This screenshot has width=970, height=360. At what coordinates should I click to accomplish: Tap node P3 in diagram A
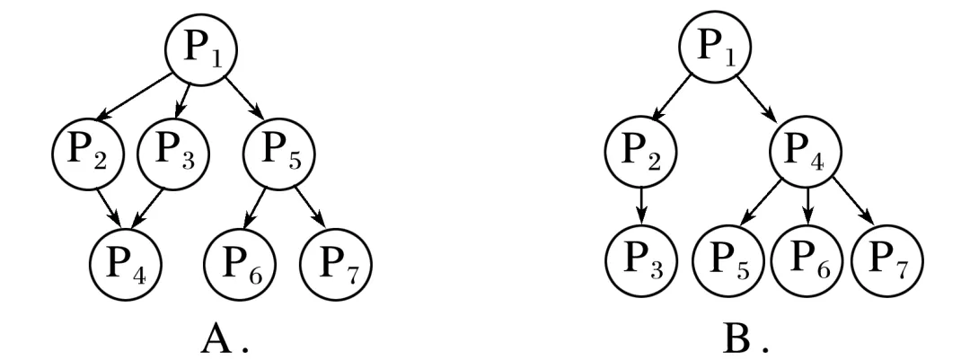172,154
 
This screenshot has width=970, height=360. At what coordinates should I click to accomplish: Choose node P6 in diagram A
239,266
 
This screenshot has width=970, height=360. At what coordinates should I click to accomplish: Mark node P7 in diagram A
334,266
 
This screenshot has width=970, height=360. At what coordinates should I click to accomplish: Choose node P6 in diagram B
806,266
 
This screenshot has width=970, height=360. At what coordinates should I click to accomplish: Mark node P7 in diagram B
886,266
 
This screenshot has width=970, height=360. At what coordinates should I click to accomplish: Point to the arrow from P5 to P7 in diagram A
310,209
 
